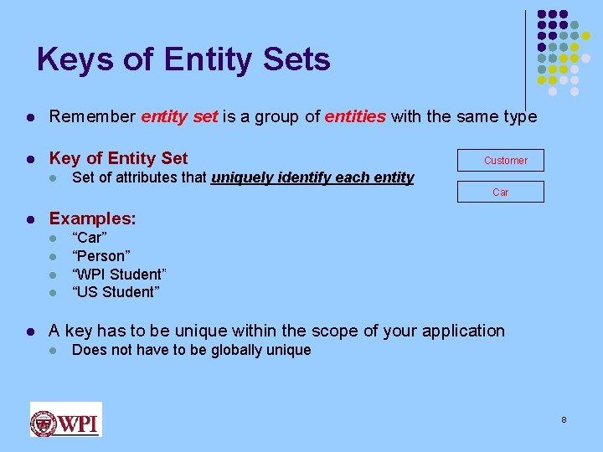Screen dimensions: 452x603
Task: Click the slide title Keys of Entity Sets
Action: pyautogui.click(x=183, y=60)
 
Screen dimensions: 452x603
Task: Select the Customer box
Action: pyautogui.click(x=501, y=160)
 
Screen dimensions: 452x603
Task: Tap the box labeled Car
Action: pyautogui.click(x=501, y=192)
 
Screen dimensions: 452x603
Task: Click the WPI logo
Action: pyautogui.click(x=65, y=419)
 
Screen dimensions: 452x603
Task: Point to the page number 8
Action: pyautogui.click(x=564, y=419)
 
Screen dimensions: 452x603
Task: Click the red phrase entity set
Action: pyautogui.click(x=179, y=116)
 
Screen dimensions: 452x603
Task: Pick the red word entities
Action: pyautogui.click(x=356, y=116)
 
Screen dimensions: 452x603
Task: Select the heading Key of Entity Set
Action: pyautogui.click(x=119, y=158)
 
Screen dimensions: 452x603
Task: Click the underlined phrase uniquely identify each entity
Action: pyautogui.click(x=312, y=177)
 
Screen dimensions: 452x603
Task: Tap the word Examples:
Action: pyautogui.click(x=93, y=218)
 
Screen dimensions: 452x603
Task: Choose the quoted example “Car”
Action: pyautogui.click(x=90, y=238)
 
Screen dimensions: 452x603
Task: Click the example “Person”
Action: pyautogui.click(x=101, y=256)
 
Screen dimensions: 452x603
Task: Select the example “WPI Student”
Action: pyautogui.click(x=120, y=275)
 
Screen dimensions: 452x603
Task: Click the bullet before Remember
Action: pyautogui.click(x=30, y=117)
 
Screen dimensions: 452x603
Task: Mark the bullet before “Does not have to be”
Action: pyautogui.click(x=52, y=351)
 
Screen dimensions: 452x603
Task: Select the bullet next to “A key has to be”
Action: pyautogui.click(x=30, y=331)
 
